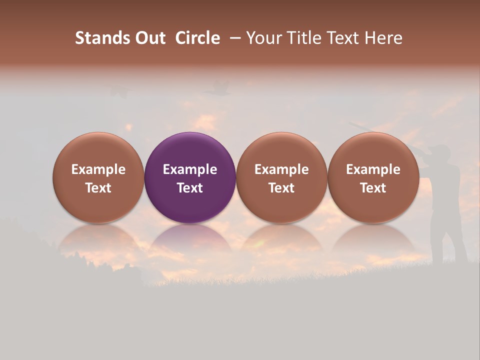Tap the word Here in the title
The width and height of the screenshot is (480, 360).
point(383,38)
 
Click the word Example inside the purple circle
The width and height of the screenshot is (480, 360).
point(190,169)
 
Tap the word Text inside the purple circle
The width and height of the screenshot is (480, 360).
point(190,188)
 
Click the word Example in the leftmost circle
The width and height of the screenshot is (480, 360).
point(98,169)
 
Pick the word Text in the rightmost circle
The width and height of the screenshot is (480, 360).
point(373,188)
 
